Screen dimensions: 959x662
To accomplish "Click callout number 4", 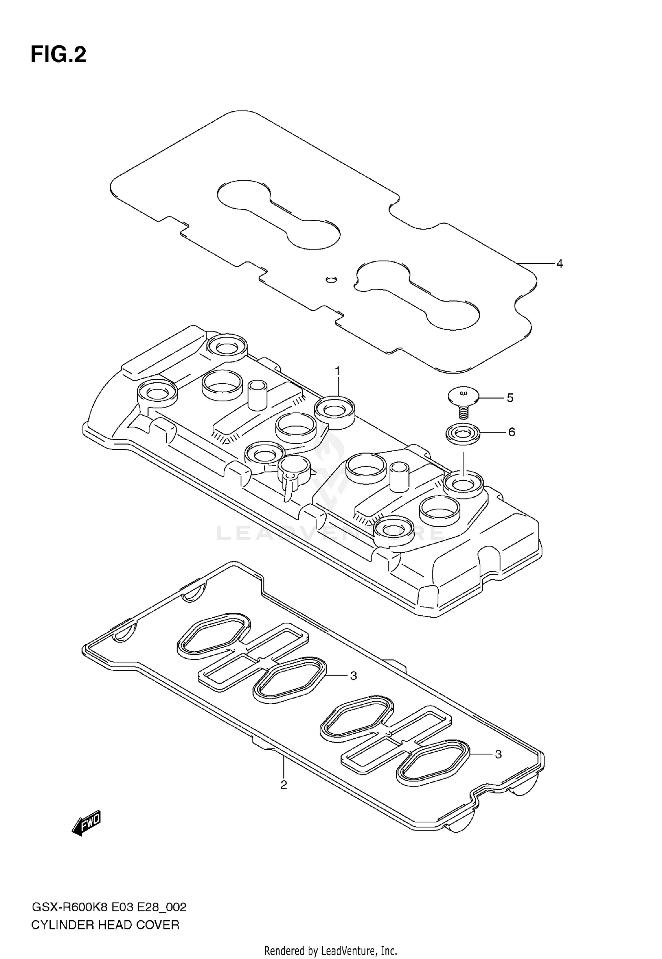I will pos(559,264).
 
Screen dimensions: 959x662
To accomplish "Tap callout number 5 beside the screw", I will pos(510,398).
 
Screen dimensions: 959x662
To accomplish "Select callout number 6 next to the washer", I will pos(512,432).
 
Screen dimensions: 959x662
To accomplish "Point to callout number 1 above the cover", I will pos(338,371).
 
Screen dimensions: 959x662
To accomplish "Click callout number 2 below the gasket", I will pos(284,785).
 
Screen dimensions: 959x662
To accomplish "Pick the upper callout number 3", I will pos(353,676).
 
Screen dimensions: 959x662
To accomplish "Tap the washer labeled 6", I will pos(463,434).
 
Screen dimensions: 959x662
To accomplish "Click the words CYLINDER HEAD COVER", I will pos(105,925).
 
